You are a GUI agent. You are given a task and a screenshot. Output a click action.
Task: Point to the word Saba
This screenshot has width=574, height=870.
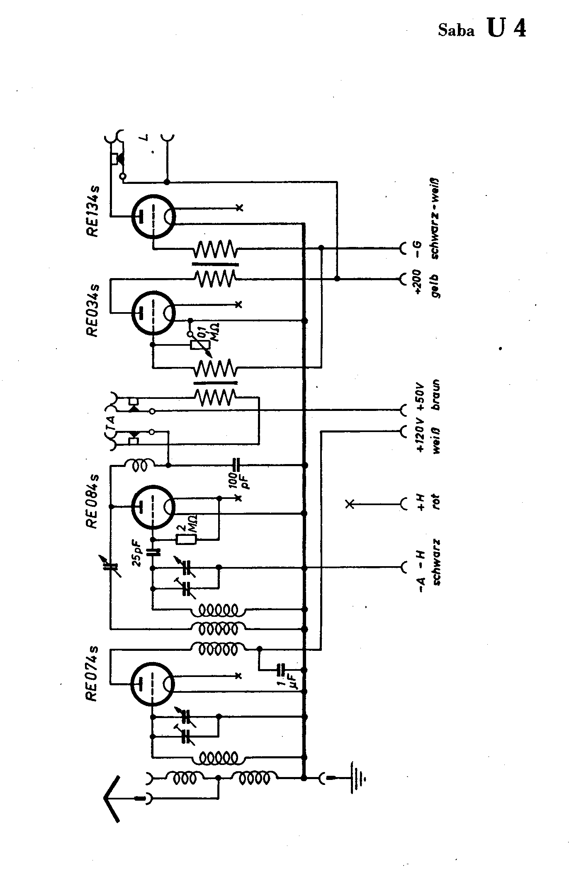[x=456, y=32]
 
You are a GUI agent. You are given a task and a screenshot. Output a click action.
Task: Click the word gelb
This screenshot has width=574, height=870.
[x=435, y=286]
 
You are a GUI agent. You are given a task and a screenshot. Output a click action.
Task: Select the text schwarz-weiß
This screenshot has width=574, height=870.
[x=435, y=219]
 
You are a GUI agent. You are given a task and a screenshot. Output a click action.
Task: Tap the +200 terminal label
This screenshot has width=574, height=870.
[x=418, y=281]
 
